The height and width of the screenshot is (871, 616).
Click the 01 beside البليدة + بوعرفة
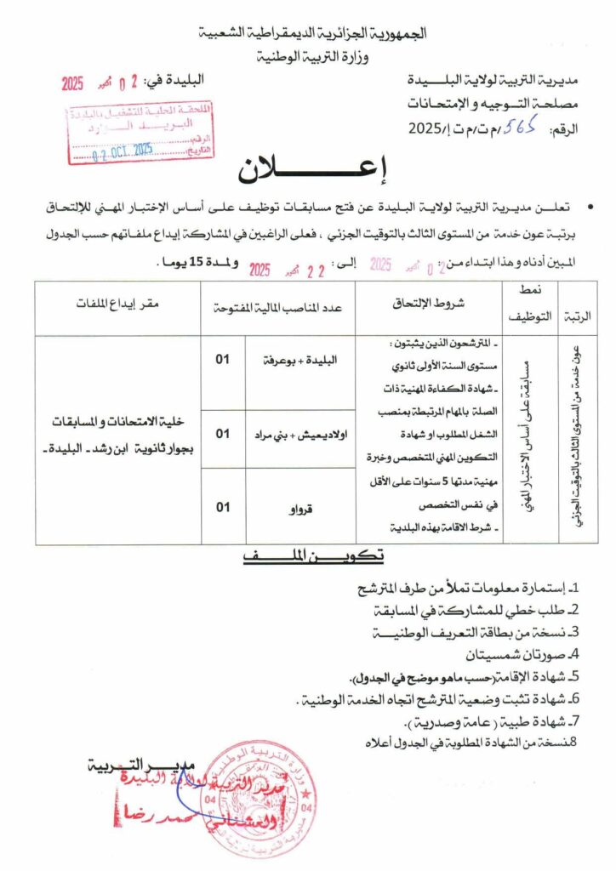[x=222, y=359]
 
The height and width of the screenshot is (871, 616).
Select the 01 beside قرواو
[x=222, y=507]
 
